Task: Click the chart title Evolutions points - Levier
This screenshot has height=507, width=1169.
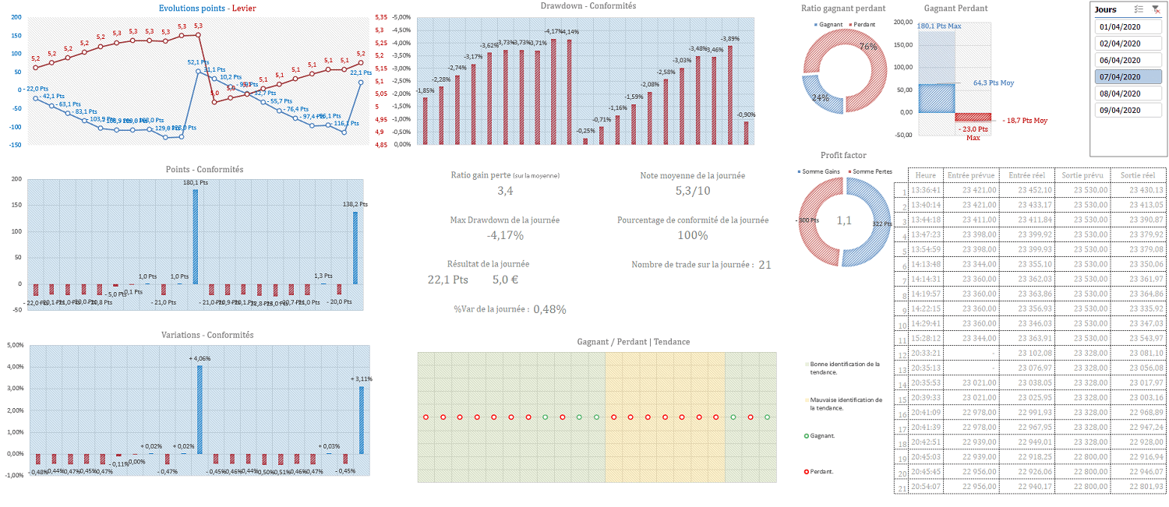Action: tap(207, 9)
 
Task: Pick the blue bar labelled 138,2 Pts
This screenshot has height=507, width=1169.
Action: tap(355, 248)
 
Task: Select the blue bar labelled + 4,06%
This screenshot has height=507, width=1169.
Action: tap(200, 409)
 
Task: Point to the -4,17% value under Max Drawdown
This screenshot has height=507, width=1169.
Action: tap(505, 235)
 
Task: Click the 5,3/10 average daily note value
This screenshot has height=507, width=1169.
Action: tap(693, 191)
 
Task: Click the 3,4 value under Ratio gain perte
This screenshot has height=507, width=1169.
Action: tap(505, 191)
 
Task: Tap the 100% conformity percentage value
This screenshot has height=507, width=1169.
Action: tap(693, 235)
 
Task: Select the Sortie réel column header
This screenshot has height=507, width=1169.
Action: tap(1138, 175)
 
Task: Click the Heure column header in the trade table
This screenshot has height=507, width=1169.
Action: tap(926, 175)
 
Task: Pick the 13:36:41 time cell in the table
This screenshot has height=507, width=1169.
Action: tap(926, 190)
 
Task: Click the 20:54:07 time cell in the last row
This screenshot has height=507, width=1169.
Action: tap(926, 486)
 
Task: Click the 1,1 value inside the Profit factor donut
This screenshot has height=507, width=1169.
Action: tap(844, 220)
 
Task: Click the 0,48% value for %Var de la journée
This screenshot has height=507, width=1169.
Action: tap(549, 309)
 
